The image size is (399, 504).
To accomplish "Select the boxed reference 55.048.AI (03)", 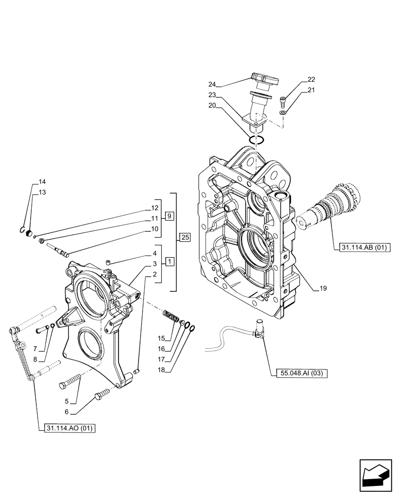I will [301, 373].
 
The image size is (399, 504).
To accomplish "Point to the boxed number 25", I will [184, 236].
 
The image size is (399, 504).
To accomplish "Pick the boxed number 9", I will [169, 216].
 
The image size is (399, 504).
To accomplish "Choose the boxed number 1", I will [169, 262].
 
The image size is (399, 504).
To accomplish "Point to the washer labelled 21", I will [285, 112].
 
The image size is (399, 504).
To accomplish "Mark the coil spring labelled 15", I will [172, 318].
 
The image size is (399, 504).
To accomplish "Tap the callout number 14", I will [42, 181].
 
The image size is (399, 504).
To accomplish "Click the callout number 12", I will [155, 208].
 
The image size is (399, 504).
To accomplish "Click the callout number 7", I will [35, 349].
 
